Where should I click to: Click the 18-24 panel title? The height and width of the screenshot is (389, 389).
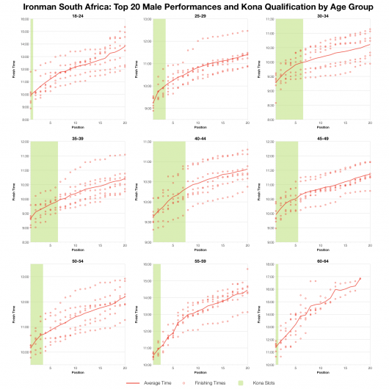point(77,15)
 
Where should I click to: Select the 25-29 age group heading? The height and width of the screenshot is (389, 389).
point(200,15)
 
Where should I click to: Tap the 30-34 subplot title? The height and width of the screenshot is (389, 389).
point(322,15)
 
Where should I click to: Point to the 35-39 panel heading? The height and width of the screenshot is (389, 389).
point(77,137)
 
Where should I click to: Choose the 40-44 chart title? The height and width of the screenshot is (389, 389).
point(200,137)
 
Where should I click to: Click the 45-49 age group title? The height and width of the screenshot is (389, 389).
point(322,137)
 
